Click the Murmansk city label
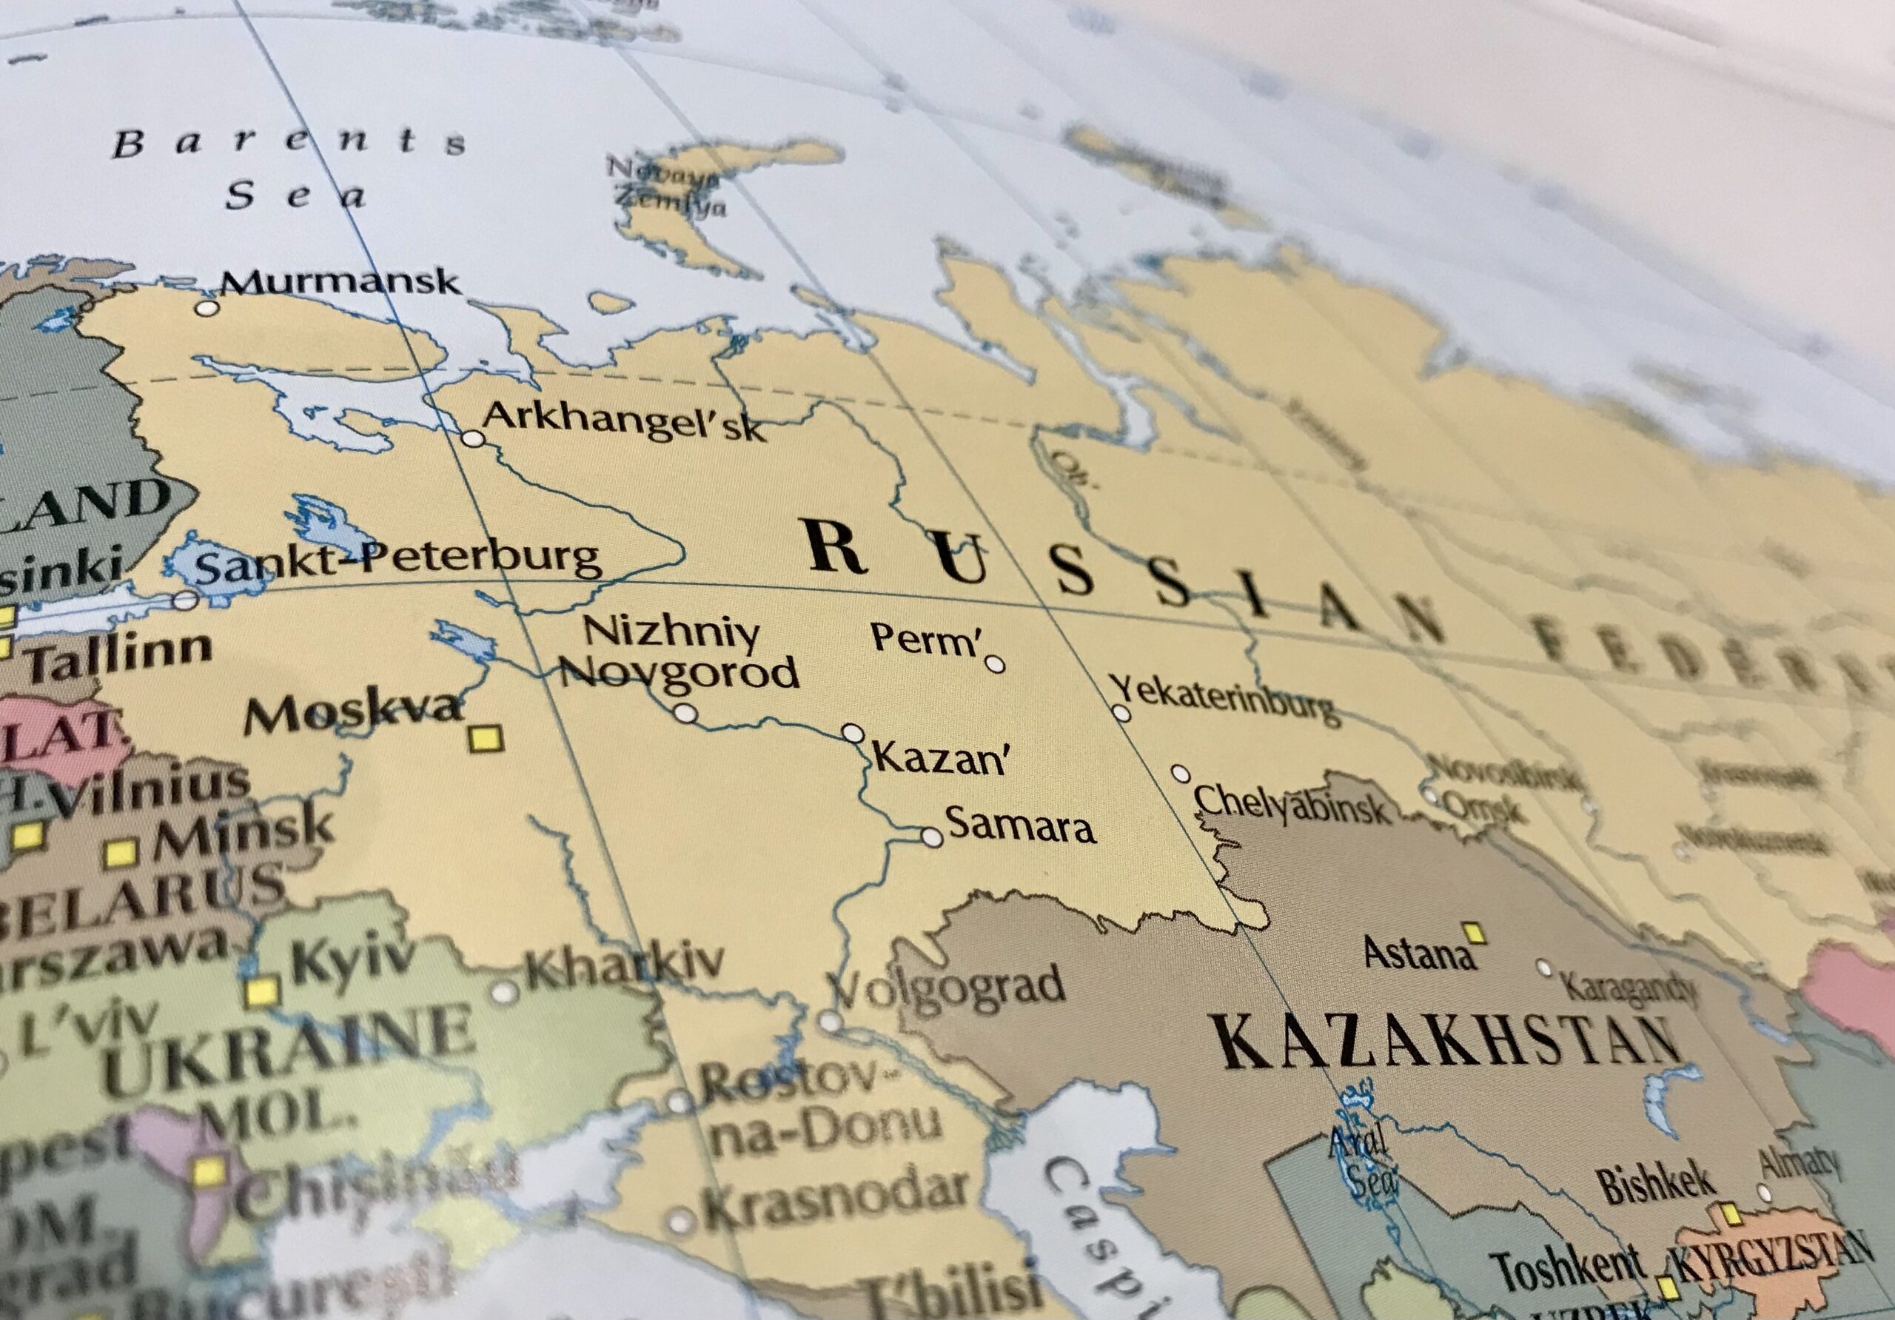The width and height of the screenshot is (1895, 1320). (339, 282)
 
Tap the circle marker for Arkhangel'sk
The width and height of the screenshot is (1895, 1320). (472, 438)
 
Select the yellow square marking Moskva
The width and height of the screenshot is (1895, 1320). (486, 738)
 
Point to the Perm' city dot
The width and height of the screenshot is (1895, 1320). (996, 665)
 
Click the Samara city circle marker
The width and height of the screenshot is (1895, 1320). (932, 837)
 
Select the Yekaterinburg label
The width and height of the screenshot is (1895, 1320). (1221, 699)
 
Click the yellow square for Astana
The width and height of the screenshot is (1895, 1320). (1475, 934)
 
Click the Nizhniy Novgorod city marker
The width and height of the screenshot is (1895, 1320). (685, 713)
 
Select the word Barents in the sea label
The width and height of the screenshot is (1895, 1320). (289, 143)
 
